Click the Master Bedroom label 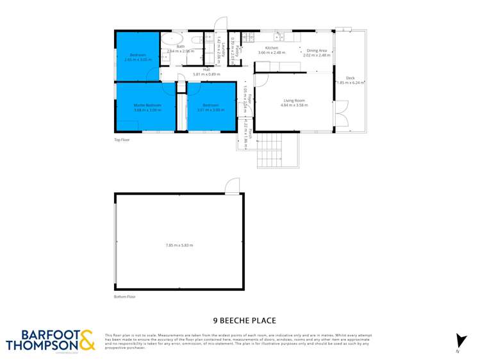(147, 105)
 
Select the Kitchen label (271, 49)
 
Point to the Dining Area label (317, 50)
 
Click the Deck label (350, 78)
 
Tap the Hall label (206, 70)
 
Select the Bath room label (181, 47)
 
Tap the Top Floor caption (122, 139)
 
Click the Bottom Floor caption (125, 297)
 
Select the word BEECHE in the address (242, 321)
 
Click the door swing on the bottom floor (231, 186)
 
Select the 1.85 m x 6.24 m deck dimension (351, 83)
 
